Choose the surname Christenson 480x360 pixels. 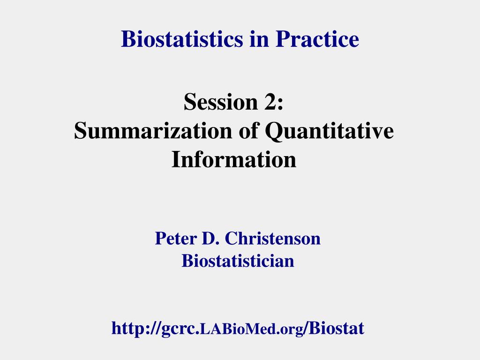273,239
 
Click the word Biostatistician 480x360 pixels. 238,260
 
